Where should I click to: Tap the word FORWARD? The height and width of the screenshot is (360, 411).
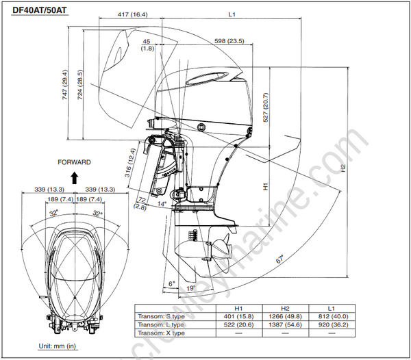pos(74,162)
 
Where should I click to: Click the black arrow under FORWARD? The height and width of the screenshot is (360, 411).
pos(74,175)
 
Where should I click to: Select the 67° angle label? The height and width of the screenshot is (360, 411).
pos(281,259)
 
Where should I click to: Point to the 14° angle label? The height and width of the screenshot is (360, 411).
pos(162,203)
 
